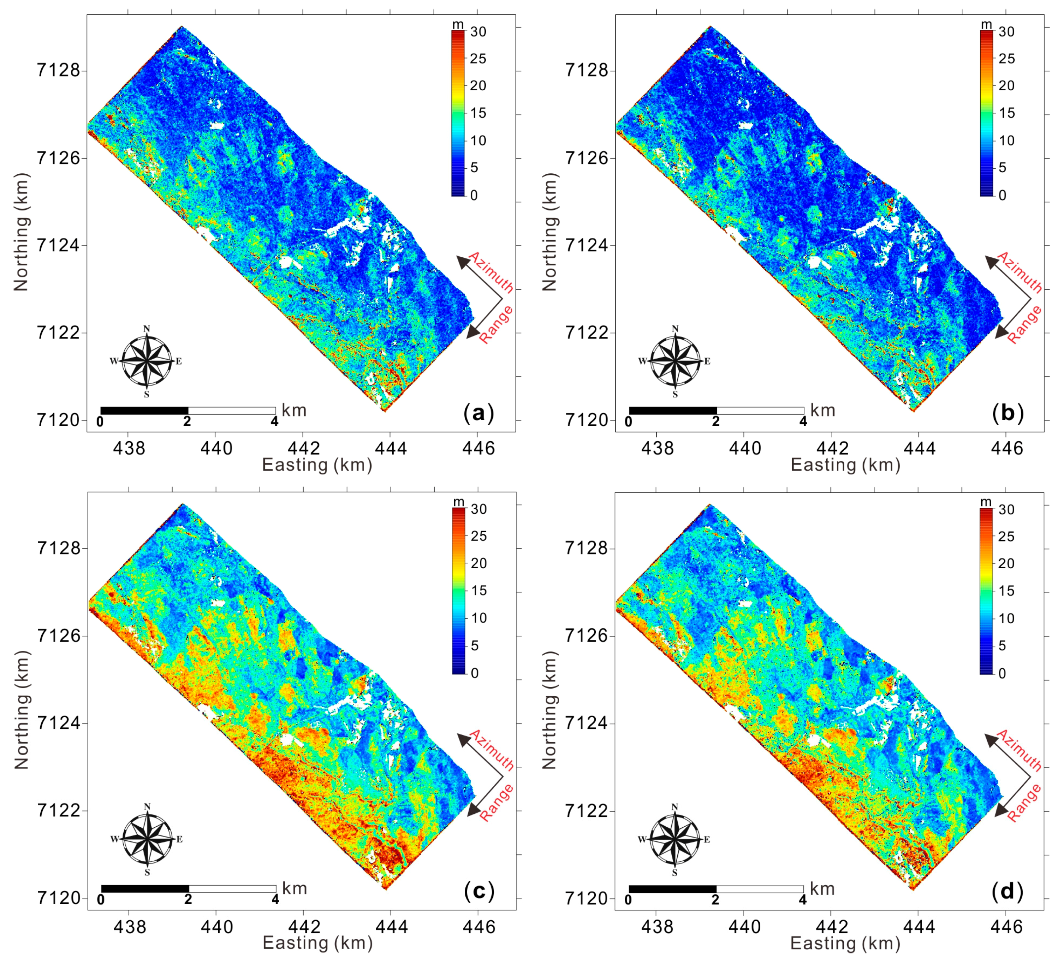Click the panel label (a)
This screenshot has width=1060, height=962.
(x=479, y=413)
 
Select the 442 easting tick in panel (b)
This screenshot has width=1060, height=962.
(x=831, y=448)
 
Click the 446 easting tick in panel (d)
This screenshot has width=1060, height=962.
(x=1006, y=926)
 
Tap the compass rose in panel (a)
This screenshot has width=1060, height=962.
(x=147, y=361)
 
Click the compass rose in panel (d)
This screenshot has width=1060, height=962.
(x=675, y=840)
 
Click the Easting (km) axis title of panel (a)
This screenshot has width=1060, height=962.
(x=317, y=465)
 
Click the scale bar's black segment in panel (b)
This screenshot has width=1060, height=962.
(x=672, y=410)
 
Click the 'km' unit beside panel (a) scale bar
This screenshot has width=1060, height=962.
(x=294, y=410)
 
